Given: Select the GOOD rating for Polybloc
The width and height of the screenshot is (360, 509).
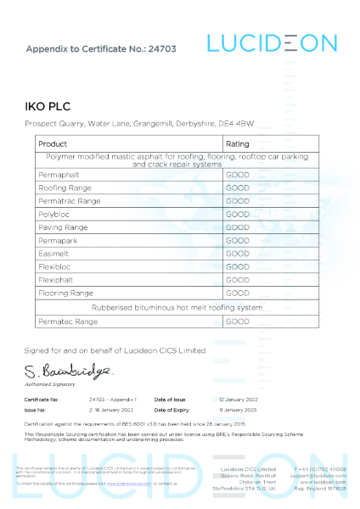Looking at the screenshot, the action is pos(237,215).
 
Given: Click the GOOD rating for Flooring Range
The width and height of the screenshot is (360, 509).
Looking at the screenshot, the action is pos(237,293).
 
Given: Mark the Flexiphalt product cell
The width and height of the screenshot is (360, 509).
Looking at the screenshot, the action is pos(59,280).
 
